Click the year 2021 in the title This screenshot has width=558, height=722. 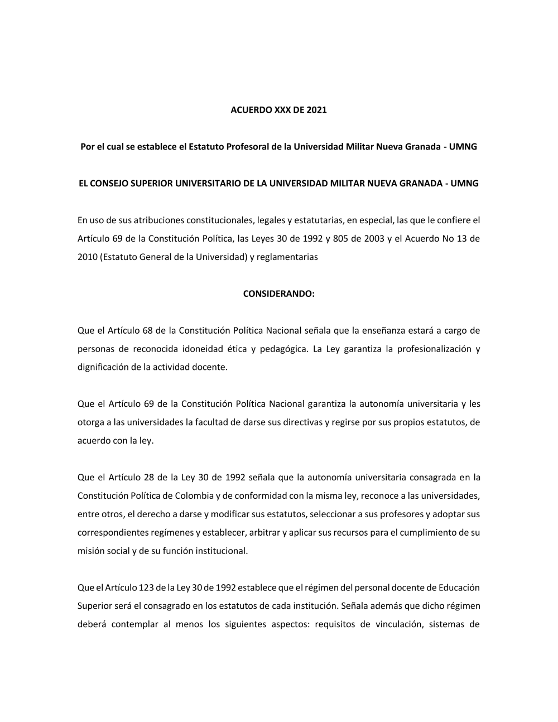click(316, 110)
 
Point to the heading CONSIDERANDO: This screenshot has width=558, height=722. click(279, 293)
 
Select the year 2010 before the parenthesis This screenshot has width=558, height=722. click(88, 257)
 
